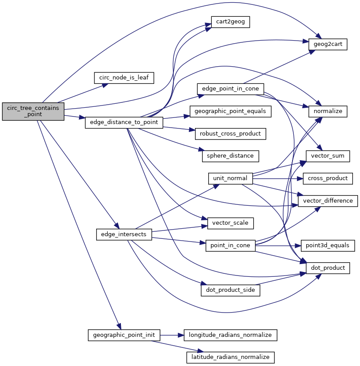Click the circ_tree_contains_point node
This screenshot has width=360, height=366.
(33, 111)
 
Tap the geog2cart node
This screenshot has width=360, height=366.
(328, 45)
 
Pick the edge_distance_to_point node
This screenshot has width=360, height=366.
(124, 122)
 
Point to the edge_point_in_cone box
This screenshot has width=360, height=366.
(230, 89)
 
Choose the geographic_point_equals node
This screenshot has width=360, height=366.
(230, 111)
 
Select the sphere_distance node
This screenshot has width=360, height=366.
(230, 156)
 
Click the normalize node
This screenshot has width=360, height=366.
(328, 111)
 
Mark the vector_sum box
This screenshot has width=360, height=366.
(328, 156)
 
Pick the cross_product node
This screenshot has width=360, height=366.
(328, 178)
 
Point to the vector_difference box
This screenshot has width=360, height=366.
(328, 201)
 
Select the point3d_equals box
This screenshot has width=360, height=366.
(328, 245)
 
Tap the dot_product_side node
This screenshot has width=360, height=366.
(230, 290)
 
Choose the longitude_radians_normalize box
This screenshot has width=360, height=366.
(230, 335)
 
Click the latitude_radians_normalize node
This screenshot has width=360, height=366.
(230, 357)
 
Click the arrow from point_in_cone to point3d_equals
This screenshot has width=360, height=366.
(278, 245)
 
